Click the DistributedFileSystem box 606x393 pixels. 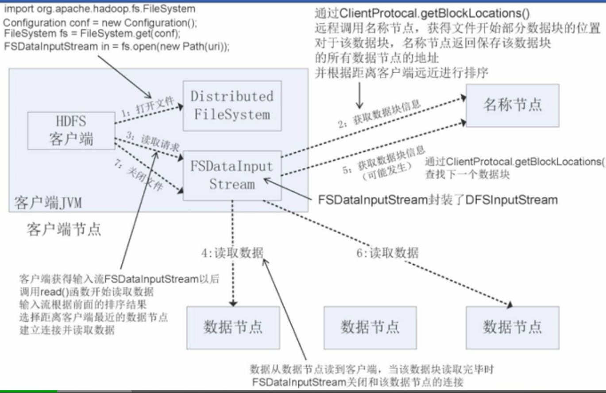(x=232, y=106)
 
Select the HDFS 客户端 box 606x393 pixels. (x=71, y=131)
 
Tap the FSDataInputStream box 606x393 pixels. (x=232, y=175)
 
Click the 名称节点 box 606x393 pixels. (x=512, y=105)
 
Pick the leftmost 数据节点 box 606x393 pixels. (x=233, y=327)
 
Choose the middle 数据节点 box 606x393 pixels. (x=370, y=327)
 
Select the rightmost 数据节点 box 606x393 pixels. (x=512, y=327)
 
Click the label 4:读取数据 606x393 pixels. (x=232, y=253)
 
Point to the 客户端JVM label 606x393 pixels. (x=48, y=203)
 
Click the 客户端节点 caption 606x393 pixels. (x=63, y=229)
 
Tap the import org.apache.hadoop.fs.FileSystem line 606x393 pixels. (x=100, y=9)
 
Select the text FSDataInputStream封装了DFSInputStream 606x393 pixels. (x=438, y=200)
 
